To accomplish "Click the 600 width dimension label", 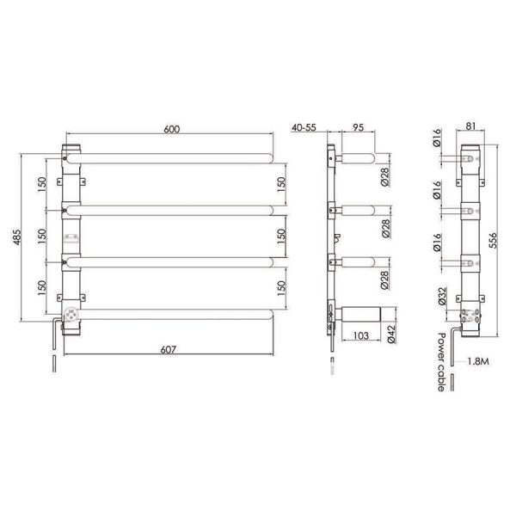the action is pos(172,129).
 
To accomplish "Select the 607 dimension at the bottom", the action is pos(169,349).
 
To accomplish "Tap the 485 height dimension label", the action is pos(16,237).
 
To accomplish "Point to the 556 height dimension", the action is pos(492,241).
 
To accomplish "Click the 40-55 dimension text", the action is pos(304,127).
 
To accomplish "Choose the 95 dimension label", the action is pos(358,127).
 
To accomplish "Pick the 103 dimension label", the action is pos(361,335).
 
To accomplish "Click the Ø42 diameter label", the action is pos(391,335).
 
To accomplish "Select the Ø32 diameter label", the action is pos(442,296).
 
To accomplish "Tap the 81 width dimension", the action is pos(471,126).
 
